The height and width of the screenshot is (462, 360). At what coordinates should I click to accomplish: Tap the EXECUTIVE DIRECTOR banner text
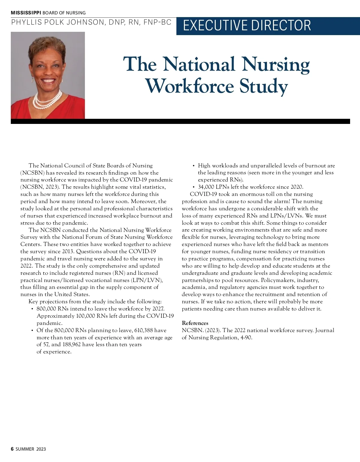click(247, 25)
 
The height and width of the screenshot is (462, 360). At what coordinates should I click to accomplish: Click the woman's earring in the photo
click(33, 79)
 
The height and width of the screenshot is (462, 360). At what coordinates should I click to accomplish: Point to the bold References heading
click(195, 323)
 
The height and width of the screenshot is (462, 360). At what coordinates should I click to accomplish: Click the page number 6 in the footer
click(12, 449)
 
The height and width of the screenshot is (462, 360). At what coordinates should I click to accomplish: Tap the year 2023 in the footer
click(41, 449)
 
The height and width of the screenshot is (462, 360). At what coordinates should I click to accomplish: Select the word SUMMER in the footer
click(25, 449)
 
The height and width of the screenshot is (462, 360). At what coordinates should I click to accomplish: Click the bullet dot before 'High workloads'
click(194, 166)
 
